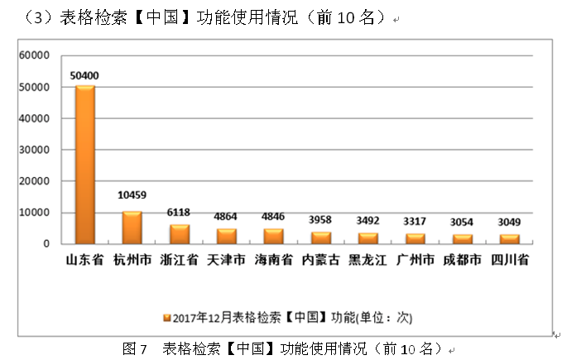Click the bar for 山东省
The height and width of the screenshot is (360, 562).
point(85,165)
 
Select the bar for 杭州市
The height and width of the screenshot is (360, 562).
point(132,228)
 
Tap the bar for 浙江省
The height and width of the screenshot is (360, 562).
point(180,234)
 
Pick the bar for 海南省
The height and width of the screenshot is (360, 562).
point(273,236)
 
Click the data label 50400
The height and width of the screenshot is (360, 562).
point(84,76)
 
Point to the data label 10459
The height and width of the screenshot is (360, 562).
point(132,195)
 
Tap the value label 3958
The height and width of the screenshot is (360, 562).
point(320,221)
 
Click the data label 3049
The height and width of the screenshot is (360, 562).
point(508,223)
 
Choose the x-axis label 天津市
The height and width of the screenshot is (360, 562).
point(226,260)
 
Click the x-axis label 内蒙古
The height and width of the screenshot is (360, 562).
point(320,260)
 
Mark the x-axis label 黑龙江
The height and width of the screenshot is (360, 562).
point(367,260)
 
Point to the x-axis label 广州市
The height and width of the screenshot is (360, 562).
point(415,260)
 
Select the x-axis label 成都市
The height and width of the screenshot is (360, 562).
point(462,260)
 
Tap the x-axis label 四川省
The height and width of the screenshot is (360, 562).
point(508,260)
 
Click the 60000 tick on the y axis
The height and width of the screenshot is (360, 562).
point(35,55)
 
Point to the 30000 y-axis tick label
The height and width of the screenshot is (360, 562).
point(35,150)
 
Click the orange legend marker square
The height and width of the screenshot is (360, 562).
point(166,317)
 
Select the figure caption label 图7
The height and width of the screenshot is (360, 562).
point(134,348)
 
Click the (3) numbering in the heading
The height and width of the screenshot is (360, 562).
point(38,17)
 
